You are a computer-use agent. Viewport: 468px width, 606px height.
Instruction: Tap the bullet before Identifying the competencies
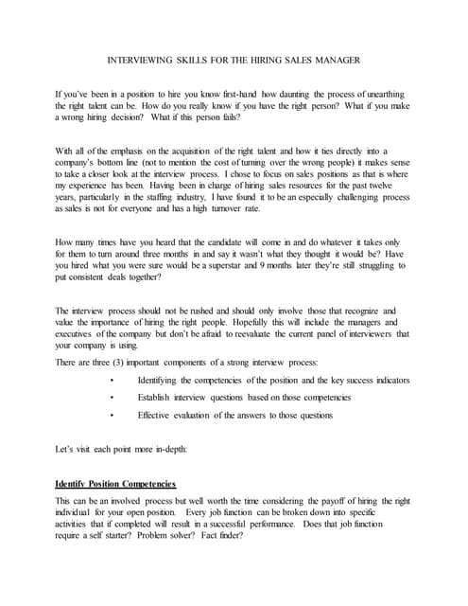tap(112, 381)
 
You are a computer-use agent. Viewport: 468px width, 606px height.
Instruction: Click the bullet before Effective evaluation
tap(112, 415)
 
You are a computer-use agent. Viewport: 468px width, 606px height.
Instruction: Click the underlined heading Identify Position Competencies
tap(115, 484)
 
